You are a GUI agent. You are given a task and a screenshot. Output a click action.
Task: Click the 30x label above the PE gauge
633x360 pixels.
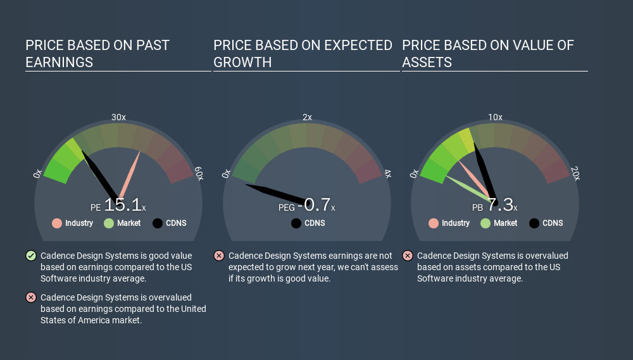pos(118,117)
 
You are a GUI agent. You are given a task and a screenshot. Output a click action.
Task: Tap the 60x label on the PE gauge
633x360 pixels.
pos(199,173)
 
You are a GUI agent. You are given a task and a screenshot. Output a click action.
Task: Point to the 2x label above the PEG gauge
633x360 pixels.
pos(307,117)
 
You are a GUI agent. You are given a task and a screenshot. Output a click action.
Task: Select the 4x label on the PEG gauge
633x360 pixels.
pos(387,173)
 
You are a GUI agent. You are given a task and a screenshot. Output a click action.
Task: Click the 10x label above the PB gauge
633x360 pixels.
pos(496,117)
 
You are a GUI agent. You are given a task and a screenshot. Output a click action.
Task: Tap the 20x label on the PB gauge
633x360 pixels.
pos(575,173)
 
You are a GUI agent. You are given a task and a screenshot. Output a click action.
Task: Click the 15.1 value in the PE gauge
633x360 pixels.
pos(123,204)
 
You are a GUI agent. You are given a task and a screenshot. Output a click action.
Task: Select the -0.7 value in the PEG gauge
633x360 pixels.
pos(314,204)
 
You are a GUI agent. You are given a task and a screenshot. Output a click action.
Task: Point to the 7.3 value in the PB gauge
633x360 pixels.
pos(501,204)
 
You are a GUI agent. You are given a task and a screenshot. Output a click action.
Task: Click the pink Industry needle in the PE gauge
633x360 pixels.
pos(129,176)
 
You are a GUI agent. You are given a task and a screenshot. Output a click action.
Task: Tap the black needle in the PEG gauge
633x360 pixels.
pos(276,194)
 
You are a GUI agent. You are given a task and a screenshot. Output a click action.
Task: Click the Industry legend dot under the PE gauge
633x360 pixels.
pos(57,223)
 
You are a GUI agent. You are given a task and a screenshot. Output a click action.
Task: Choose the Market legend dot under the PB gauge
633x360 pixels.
pos(486,223)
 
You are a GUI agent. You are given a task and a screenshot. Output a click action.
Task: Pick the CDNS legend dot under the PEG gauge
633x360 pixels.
pos(296,223)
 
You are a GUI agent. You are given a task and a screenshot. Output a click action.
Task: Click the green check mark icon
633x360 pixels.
pos(31,256)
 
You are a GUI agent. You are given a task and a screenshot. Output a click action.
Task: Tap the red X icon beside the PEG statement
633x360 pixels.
pos(219,256)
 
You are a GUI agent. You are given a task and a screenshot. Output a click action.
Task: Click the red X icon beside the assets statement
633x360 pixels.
pos(407,256)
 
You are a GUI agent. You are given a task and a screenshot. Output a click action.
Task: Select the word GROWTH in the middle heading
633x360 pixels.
pos(242,63)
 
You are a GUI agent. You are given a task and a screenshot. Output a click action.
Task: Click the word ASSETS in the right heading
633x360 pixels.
pos(427,63)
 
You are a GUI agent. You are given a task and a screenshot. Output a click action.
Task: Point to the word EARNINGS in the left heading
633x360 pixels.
pos(60,63)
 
